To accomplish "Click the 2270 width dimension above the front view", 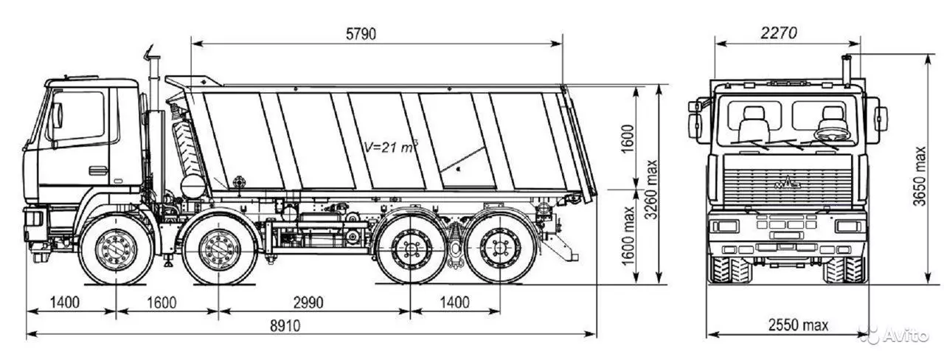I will pos(777,33).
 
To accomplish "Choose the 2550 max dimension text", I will pos(798,325).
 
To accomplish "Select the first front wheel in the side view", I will pos(117,249).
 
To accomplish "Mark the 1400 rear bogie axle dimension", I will pos(455,302).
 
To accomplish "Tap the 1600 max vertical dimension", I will pos(630,238).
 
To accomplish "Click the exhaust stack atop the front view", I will pos(847,71).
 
